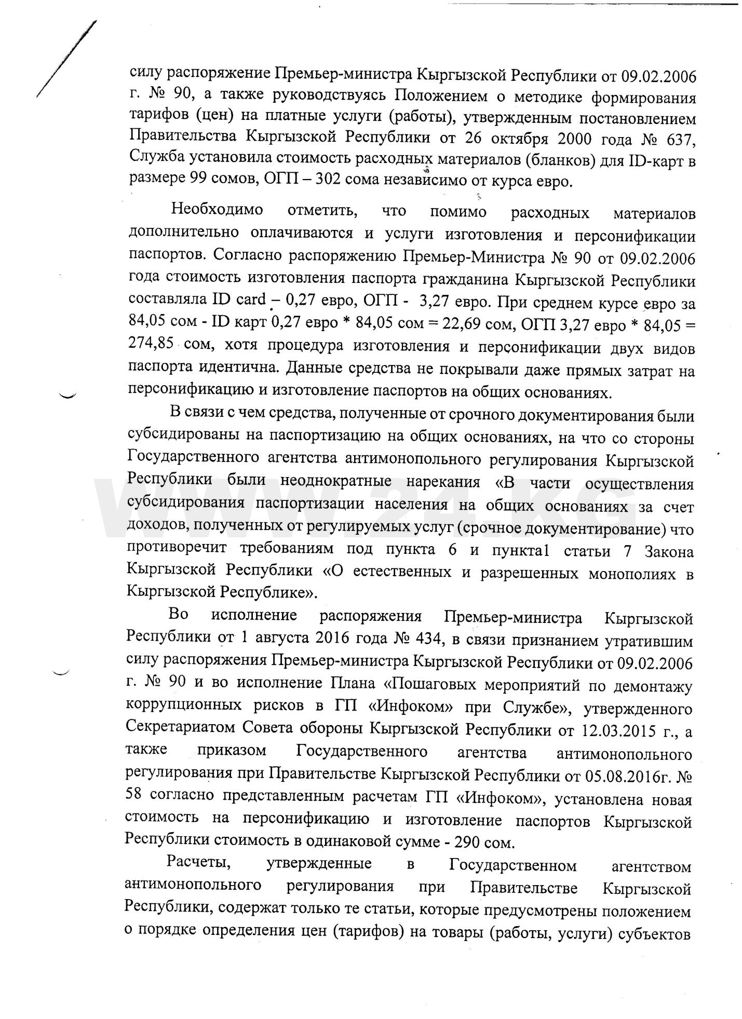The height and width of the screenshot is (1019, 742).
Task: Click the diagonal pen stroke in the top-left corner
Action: (66, 58)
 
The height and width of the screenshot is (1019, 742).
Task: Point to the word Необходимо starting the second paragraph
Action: (217, 211)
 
